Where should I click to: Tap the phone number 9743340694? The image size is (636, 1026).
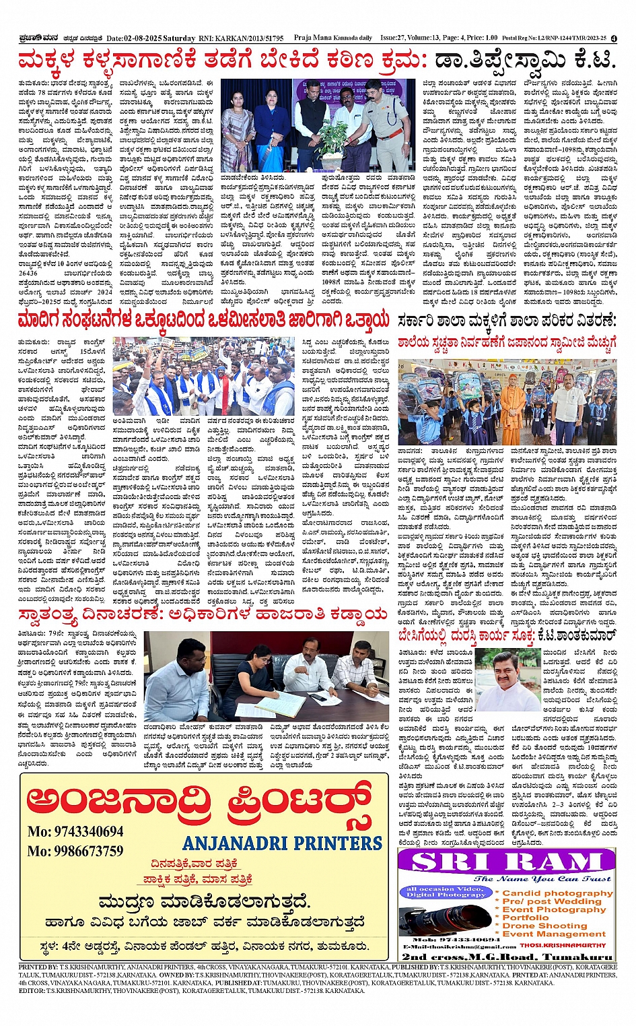75,831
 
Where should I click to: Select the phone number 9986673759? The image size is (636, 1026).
75,851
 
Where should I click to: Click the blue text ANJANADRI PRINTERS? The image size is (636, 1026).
282,843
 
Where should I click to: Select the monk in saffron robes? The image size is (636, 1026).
513,408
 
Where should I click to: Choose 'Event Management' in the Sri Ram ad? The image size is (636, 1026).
554,934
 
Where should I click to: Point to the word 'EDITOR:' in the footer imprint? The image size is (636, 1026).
32,991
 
